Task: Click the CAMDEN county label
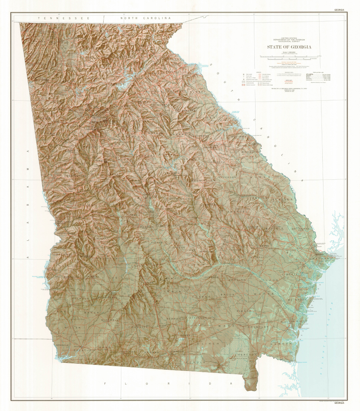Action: click(281, 344)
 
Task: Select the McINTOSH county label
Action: click(297, 300)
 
